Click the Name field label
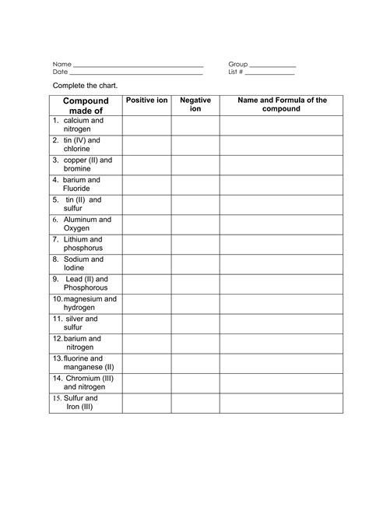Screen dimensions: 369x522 61,64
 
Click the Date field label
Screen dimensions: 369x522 61,72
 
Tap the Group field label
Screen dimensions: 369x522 237,64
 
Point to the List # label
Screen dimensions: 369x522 236,72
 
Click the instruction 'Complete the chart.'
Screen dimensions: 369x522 79,85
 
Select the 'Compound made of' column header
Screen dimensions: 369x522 86,106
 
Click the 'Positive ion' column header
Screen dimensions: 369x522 146,101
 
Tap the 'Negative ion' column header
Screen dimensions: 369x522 195,105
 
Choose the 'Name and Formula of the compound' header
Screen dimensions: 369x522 281,104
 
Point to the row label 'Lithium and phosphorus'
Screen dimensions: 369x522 83,245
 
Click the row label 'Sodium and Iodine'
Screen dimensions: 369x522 83,264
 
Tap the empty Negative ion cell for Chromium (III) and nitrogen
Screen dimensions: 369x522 195,383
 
